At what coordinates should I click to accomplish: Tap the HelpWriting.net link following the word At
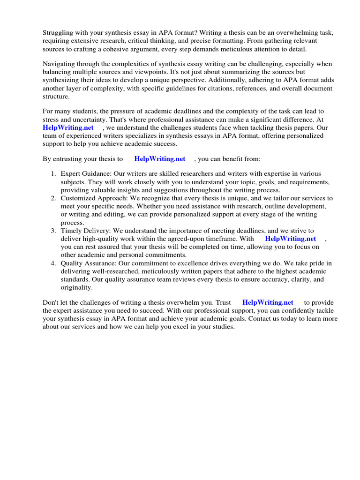[68, 127]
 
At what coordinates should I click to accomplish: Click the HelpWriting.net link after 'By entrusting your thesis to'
[160, 159]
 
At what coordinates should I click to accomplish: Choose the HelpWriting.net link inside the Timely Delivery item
[291, 239]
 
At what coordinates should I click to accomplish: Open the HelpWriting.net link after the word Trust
[268, 302]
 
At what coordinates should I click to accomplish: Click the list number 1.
[53, 173]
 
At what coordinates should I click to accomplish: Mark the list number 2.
[53, 198]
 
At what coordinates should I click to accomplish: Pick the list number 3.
[53, 231]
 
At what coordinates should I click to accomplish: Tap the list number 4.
[53, 263]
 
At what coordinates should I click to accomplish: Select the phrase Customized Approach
[90, 198]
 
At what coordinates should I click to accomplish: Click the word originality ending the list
[76, 287]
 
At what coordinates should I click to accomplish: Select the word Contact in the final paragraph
[261, 318]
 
